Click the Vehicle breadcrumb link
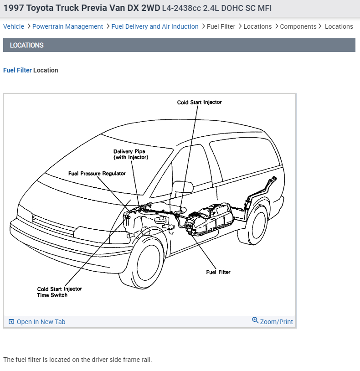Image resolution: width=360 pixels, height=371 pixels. pos(14,26)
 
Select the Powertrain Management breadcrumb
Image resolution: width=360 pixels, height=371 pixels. pos(67,26)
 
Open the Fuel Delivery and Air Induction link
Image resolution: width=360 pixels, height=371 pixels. pos(155,26)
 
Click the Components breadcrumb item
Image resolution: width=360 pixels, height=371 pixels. pos(298,26)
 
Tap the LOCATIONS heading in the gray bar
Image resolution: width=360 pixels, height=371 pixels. pos(27,45)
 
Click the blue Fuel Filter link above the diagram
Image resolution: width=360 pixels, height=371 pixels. pos(17,70)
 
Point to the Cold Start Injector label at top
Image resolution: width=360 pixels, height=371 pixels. pos(199,102)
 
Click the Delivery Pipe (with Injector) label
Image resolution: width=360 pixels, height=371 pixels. pos(130,155)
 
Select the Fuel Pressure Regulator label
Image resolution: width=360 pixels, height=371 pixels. pos(97,173)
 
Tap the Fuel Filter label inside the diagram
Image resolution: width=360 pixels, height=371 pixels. pos(218,272)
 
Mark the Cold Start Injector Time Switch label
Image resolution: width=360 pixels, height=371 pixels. pos(59,292)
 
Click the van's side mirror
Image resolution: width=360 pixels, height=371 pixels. pos(182,188)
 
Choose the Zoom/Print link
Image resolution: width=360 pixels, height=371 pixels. pos(276,322)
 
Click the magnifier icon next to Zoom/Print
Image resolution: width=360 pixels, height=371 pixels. pos(255,320)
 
